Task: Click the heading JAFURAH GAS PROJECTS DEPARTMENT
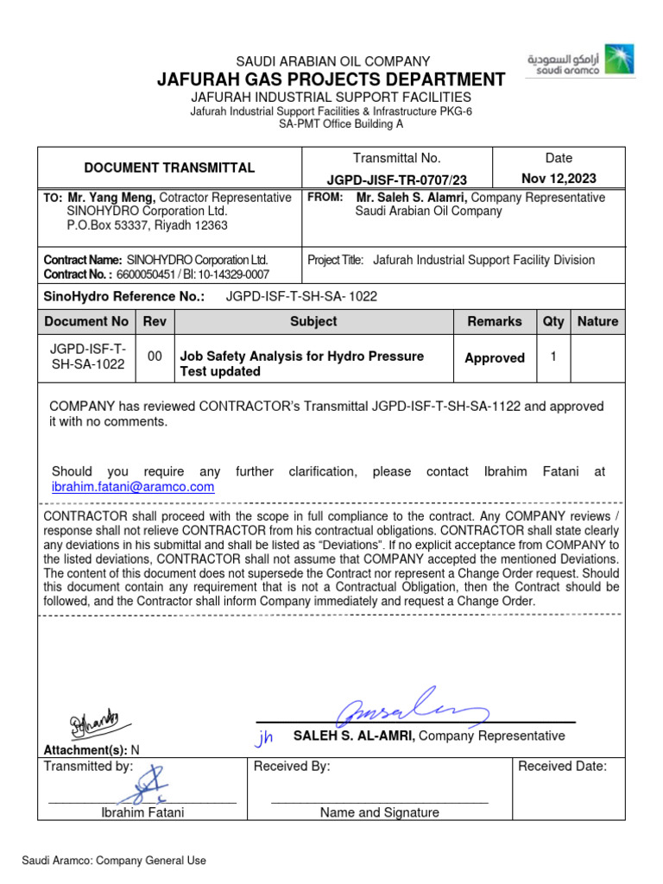[331, 79]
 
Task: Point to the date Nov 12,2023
[559, 180]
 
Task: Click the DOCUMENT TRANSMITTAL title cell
[168, 167]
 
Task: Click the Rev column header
[155, 321]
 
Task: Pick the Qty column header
[553, 321]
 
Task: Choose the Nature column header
[597, 321]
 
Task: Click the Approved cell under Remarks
[495, 357]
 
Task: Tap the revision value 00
[155, 356]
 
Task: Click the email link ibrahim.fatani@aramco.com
[133, 487]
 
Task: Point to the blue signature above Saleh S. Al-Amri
[413, 712]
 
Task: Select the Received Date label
[562, 766]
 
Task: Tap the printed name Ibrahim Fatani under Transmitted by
[142, 812]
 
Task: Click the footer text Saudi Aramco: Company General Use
[114, 861]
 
